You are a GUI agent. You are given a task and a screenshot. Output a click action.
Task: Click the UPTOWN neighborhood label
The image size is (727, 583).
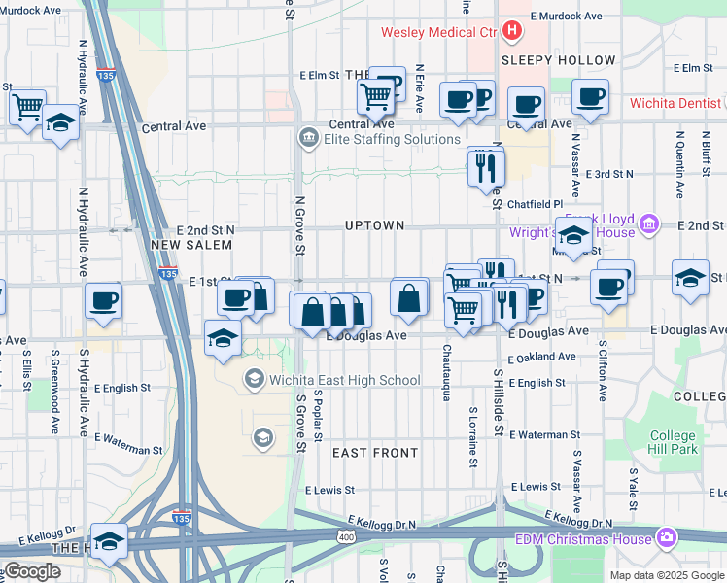tap(374, 225)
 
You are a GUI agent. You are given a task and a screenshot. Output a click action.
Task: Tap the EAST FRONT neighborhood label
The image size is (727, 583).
tap(375, 453)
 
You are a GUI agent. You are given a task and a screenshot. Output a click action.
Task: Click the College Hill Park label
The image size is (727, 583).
tap(674, 443)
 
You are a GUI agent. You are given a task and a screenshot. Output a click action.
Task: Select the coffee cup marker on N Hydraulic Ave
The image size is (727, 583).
tap(102, 300)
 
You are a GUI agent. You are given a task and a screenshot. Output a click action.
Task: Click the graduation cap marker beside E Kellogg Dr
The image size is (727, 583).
tap(109, 541)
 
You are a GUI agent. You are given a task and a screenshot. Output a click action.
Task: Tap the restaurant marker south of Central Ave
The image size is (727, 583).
tap(484, 167)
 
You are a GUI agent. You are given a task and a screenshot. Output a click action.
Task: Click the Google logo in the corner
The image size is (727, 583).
tap(31, 572)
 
